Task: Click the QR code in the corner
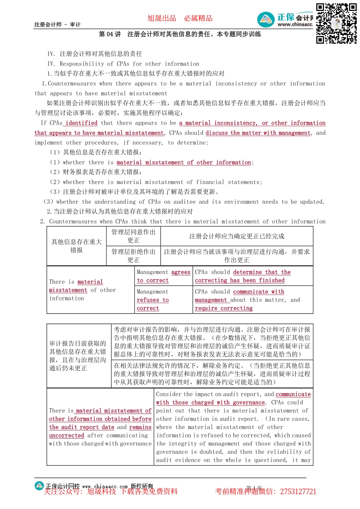pos(336,23)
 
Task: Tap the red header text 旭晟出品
pos(162,18)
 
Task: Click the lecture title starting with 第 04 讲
pos(180,34)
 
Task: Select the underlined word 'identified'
pos(81,123)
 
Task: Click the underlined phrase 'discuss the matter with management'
pos(258,133)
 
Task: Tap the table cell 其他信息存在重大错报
pos(77,246)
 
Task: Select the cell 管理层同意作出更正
pos(133,236)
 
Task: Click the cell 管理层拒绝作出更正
pos(133,256)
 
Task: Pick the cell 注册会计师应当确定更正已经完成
pos(237,236)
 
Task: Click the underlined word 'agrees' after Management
pos(181,272)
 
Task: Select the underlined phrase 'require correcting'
pos(224,308)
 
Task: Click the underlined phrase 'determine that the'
pos(262,272)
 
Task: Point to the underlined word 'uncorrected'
pos(67,436)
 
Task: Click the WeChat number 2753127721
pos(298,492)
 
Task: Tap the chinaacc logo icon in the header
pos(266,20)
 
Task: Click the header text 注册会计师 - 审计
pos(57,25)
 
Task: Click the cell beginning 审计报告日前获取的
pos(78,356)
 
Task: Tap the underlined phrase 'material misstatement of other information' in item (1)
pos(184,162)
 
